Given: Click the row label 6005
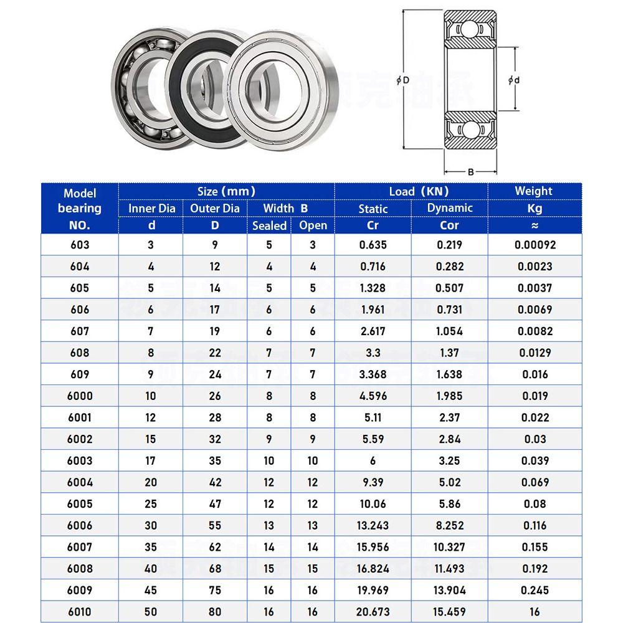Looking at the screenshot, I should pyautogui.click(x=80, y=503).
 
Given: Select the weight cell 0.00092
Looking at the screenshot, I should pyautogui.click(x=535, y=245).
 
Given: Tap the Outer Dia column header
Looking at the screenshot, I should pyautogui.click(x=214, y=208).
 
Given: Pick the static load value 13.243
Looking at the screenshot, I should pyautogui.click(x=373, y=525).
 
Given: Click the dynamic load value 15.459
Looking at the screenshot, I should pyautogui.click(x=449, y=612).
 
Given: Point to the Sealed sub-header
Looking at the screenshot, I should pyautogui.click(x=269, y=226).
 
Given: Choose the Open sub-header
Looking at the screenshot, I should pyautogui.click(x=313, y=226).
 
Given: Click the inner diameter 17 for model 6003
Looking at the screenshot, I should pyautogui.click(x=151, y=460).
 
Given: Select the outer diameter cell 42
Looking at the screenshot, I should pyautogui.click(x=214, y=482).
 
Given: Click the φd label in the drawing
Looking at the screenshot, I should pyautogui.click(x=514, y=80).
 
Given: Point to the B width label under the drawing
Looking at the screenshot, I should pyautogui.click(x=470, y=172).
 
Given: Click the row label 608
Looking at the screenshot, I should pyautogui.click(x=80, y=353).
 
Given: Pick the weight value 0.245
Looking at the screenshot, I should pyautogui.click(x=535, y=590).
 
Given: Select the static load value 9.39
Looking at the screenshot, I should pyautogui.click(x=373, y=482).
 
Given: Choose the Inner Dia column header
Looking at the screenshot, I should pyautogui.click(x=151, y=208).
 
